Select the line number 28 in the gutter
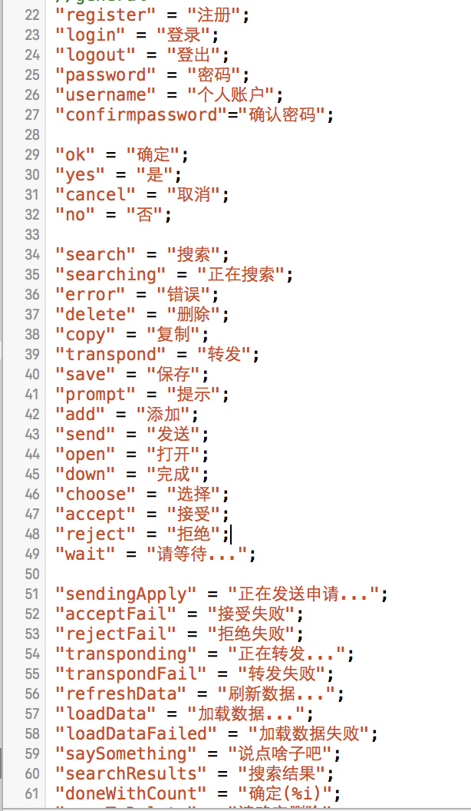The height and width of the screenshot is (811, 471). (31, 135)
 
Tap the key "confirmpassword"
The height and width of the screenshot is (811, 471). (137, 115)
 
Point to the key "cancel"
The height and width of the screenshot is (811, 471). (91, 195)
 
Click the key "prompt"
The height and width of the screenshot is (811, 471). (96, 395)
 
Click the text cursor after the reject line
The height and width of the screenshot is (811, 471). (230, 535)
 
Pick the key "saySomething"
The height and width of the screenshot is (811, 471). (121, 754)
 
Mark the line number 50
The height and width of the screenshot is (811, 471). (31, 574)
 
